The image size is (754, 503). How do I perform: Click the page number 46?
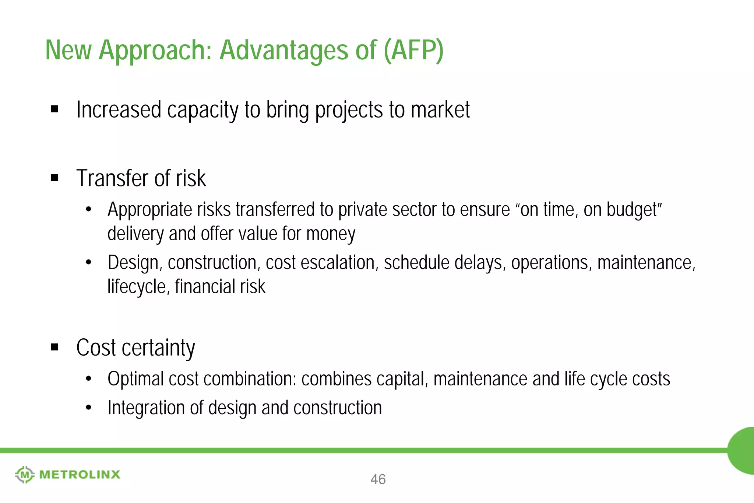(x=378, y=479)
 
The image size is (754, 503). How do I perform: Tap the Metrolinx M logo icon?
(x=25, y=475)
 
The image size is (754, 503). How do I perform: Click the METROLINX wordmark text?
(x=80, y=475)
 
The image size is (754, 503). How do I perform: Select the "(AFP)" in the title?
(x=413, y=50)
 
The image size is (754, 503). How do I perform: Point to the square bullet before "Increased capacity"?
(x=55, y=109)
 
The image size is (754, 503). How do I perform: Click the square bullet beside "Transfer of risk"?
(x=55, y=178)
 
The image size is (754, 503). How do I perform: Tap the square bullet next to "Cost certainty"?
(x=55, y=347)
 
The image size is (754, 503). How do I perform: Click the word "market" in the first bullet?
(x=440, y=110)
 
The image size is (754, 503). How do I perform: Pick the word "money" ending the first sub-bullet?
(x=330, y=234)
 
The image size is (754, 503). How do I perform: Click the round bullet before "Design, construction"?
(x=88, y=262)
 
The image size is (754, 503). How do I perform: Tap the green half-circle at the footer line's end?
(x=742, y=450)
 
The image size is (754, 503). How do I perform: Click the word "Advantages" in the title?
(x=283, y=50)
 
